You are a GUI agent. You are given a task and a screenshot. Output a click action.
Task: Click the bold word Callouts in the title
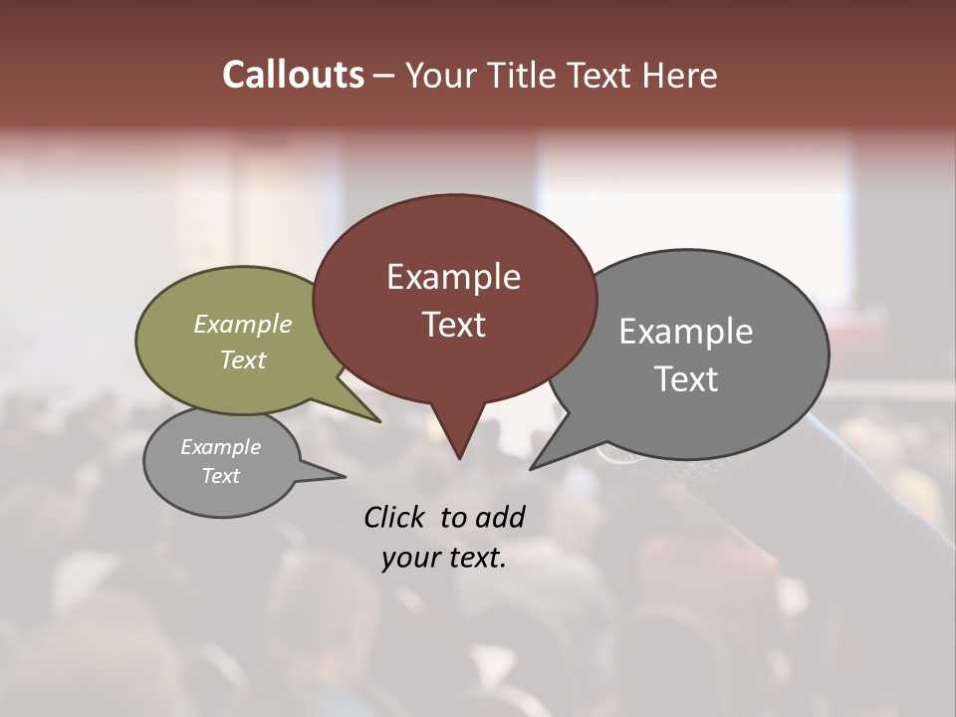pyautogui.click(x=293, y=75)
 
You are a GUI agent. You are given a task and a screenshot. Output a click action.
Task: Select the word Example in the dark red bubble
pyautogui.click(x=453, y=277)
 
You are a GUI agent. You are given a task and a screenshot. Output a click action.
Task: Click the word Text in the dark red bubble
pyautogui.click(x=453, y=325)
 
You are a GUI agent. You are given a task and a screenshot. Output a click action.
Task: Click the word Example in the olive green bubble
pyautogui.click(x=243, y=324)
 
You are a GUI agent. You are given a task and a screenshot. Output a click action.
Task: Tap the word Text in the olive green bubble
pyautogui.click(x=243, y=359)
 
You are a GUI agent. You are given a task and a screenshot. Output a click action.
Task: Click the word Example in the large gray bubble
pyautogui.click(x=686, y=332)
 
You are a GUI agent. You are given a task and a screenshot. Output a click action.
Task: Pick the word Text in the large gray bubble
pyautogui.click(x=686, y=379)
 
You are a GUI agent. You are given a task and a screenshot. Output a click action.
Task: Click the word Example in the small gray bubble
pyautogui.click(x=220, y=447)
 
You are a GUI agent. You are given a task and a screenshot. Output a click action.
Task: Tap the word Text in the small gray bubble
pyautogui.click(x=220, y=476)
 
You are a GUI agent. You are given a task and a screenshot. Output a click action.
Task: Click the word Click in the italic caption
pyautogui.click(x=395, y=517)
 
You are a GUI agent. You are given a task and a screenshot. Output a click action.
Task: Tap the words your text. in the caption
pyautogui.click(x=444, y=558)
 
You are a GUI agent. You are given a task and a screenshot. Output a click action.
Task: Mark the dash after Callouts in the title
pyautogui.click(x=384, y=76)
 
